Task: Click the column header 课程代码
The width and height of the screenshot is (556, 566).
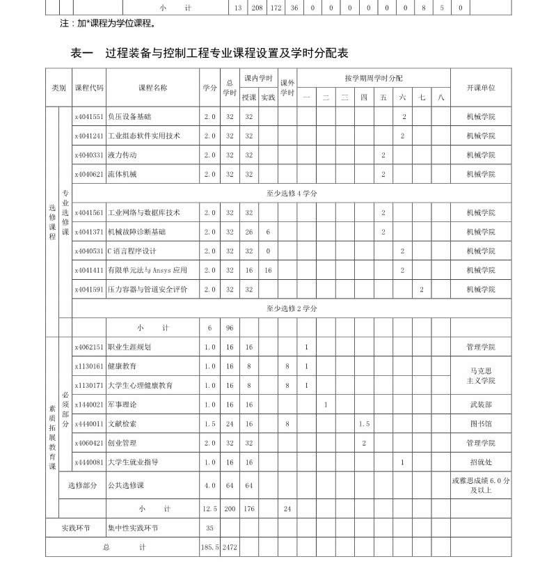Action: [89, 88]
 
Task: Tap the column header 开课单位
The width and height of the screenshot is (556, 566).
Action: [480, 88]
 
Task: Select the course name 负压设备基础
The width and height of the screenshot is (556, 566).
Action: [129, 117]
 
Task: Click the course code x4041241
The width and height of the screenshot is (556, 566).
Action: [89, 136]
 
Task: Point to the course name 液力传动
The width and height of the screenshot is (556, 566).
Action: [122, 155]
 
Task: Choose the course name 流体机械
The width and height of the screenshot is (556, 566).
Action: [122, 174]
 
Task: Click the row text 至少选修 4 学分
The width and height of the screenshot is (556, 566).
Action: [292, 194]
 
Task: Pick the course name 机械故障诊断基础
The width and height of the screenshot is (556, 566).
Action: [137, 232]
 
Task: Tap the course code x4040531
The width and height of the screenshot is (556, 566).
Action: [89, 251]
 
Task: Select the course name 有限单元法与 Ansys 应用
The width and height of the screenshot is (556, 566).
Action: [148, 270]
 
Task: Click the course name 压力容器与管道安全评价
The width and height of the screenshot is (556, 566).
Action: [148, 289]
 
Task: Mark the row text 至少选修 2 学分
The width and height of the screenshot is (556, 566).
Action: [292, 308]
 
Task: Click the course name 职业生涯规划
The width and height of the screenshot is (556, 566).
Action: [129, 347]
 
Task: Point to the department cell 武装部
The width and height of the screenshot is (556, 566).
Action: [480, 404]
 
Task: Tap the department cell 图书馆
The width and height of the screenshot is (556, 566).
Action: [480, 423]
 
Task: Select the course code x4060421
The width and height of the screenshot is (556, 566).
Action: [89, 443]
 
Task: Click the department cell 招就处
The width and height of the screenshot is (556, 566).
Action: [480, 462]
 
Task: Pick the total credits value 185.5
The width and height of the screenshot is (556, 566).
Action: [209, 548]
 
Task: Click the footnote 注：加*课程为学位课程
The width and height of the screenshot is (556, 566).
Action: [108, 23]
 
